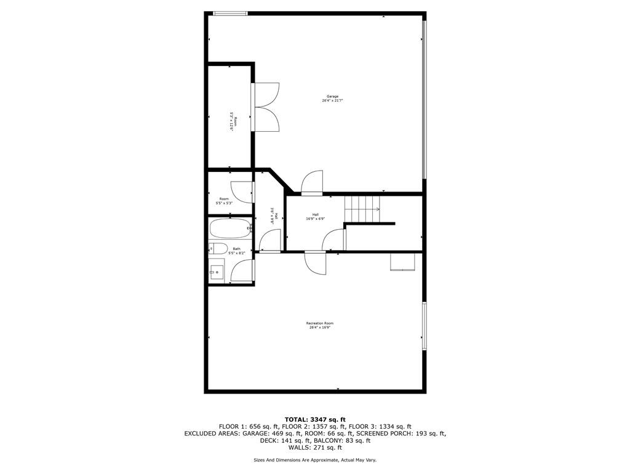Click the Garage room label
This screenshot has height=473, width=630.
pos(332,99)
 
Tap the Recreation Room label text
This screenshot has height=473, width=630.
pos(320,325)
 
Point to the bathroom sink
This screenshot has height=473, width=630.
pos(216,272)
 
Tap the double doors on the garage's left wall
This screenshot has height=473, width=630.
pos(266,107)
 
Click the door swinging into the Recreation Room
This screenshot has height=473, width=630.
pos(316,264)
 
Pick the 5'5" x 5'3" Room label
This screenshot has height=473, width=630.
pos(224,201)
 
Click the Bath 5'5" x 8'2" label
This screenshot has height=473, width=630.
pos(237,251)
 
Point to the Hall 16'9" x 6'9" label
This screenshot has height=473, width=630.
pos(315,216)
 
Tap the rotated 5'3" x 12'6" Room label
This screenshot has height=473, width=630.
pos(233,121)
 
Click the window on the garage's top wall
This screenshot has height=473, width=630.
pos(230,13)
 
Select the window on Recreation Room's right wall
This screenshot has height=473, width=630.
pos(424,326)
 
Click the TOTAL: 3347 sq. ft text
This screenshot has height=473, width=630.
pos(315,419)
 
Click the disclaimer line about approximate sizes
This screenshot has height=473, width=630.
pos(315,460)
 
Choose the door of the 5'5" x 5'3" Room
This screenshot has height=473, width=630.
pos(242,192)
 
